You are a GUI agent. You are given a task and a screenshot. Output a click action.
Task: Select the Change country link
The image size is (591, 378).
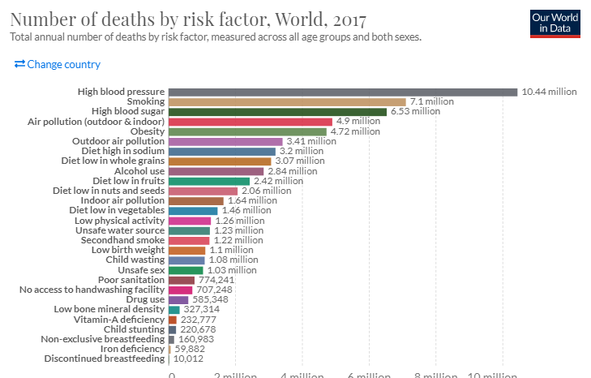(58, 65)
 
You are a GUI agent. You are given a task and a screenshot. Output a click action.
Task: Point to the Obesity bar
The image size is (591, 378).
(247, 131)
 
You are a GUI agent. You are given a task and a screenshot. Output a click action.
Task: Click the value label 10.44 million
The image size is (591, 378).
(549, 92)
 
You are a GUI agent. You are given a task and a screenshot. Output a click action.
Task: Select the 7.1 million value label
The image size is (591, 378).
(431, 101)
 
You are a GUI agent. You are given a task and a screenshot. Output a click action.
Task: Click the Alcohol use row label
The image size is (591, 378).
(139, 171)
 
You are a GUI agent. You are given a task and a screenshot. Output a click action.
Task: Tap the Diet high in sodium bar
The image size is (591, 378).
(222, 151)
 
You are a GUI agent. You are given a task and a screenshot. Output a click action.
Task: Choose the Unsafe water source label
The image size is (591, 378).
(119, 230)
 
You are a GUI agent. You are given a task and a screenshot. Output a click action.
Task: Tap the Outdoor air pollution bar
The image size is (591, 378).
(225, 141)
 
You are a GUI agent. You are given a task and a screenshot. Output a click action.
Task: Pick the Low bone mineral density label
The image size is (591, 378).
(109, 309)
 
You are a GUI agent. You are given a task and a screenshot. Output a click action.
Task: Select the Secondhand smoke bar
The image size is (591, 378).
(189, 240)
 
